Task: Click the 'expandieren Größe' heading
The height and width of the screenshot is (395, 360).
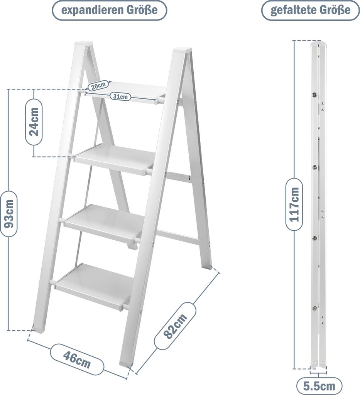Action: coord(109,10)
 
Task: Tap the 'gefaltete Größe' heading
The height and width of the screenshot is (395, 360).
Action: coord(310,10)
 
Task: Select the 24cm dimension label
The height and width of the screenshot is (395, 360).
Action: coord(34,122)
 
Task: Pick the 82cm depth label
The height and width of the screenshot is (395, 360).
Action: coord(175,326)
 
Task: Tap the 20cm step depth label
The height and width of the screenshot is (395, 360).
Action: coord(98,86)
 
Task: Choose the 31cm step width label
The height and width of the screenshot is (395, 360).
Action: coord(120,96)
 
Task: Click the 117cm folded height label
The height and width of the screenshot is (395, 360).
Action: coord(294,204)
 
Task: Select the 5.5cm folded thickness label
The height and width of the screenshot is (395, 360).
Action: coord(319,386)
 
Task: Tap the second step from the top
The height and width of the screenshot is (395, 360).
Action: coord(113,158)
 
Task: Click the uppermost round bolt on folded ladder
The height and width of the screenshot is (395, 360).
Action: coord(314,95)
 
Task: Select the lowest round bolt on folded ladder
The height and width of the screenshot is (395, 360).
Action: coord(314,308)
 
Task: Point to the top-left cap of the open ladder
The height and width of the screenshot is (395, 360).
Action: coord(82,43)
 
